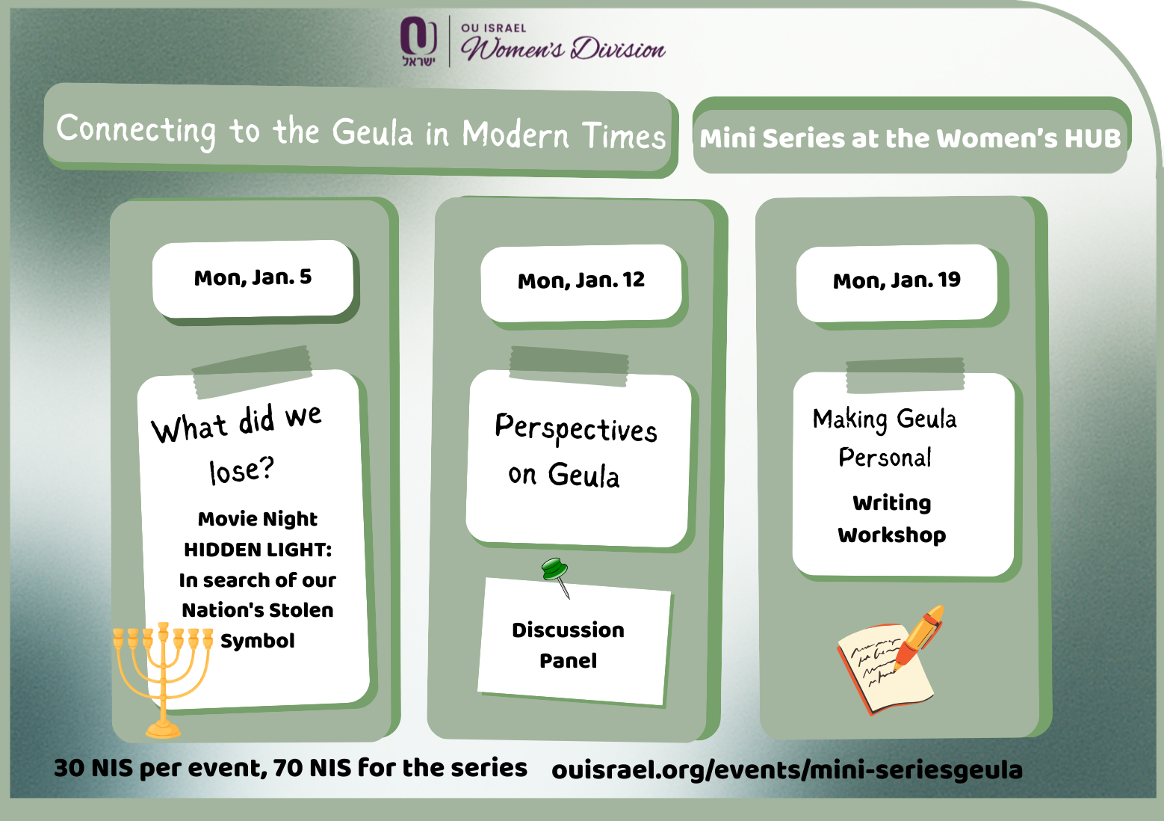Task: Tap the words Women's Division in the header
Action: pos(563,49)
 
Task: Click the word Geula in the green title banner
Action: pos(372,132)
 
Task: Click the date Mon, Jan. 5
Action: pos(253,277)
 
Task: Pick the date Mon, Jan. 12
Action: pos(581,281)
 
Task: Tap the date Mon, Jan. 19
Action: pos(897,281)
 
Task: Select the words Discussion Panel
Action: pos(568,645)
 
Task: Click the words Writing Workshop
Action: pos(892,519)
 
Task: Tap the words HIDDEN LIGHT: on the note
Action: pos(258,550)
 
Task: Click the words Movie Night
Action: pos(258,519)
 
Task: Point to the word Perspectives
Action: pos(576,428)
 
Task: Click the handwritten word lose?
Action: pos(241,470)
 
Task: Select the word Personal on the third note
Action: pos(885,458)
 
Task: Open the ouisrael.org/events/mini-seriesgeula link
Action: pos(787,771)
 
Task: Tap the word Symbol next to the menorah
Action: pos(258,641)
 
